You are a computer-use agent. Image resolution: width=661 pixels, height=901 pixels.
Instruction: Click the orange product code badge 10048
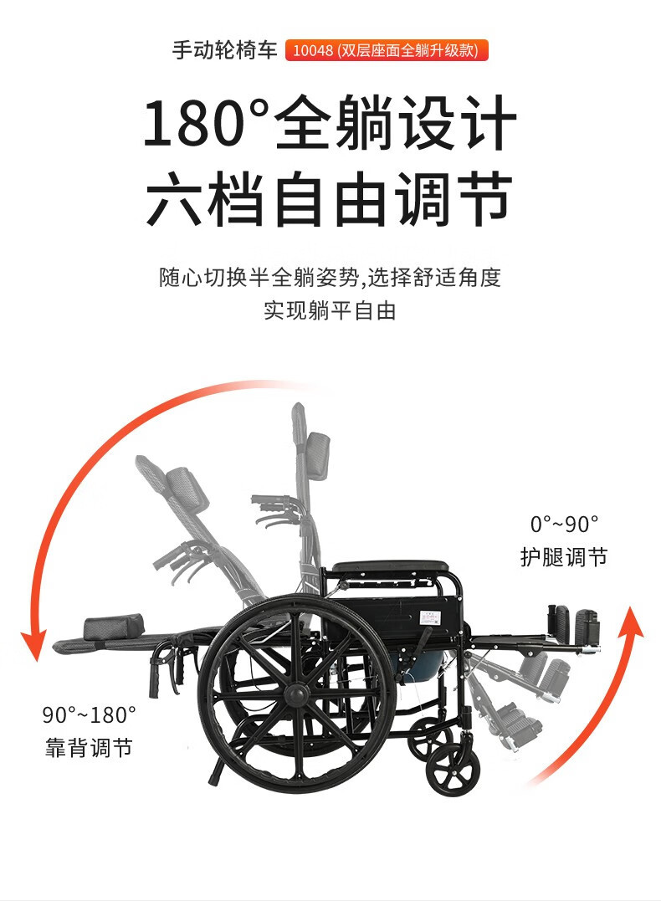coord(387,50)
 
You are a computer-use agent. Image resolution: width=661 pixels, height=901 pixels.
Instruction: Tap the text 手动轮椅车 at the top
coord(225,50)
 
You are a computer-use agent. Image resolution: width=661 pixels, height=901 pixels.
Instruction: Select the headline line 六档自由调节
coord(330,198)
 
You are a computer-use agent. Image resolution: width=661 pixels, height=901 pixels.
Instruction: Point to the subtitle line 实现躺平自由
coord(330,311)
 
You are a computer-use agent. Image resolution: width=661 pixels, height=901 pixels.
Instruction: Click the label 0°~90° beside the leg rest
coord(564,524)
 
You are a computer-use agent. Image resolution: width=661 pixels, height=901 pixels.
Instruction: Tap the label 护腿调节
coord(564,557)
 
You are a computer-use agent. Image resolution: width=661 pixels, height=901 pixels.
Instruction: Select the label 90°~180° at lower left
coord(89,714)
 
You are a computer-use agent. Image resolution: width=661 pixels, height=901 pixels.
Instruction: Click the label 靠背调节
coord(89,748)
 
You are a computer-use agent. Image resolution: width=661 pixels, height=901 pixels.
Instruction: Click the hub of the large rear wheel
coord(297,694)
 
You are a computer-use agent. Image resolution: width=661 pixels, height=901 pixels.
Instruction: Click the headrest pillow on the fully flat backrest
coord(114,627)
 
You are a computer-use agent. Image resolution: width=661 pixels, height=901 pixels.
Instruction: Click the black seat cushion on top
coord(390,567)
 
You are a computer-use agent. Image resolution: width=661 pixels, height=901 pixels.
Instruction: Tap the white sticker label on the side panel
coord(430,618)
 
